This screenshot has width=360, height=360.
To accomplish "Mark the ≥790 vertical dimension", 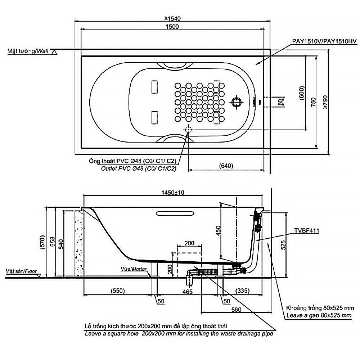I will tap(325, 103).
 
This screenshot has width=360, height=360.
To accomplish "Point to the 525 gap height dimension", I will tap(283, 245).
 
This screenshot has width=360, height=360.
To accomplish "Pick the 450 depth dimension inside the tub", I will tap(217, 230).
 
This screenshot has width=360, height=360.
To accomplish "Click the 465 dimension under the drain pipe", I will tap(187, 291).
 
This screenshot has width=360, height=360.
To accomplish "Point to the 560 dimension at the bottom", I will tap(236, 309).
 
